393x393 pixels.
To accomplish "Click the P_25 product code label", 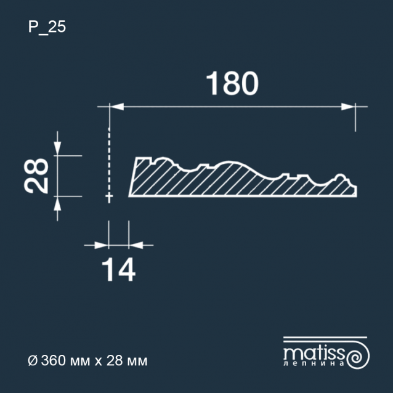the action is tap(47, 27).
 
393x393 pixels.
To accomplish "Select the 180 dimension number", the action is tap(232, 83).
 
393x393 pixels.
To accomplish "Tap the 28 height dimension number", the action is tap(36, 176).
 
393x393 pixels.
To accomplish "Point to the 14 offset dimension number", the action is tap(118, 270).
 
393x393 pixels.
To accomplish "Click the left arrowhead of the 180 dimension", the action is tap(116, 107).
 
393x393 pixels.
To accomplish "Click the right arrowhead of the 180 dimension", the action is tap(348, 107).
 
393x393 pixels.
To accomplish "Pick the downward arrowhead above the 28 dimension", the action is tap(57, 148).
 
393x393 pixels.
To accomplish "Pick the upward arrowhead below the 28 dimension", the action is tap(57, 203).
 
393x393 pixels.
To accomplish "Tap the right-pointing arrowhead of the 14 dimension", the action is tap(102, 245).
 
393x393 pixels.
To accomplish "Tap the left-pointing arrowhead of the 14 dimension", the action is tap(136, 245).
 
